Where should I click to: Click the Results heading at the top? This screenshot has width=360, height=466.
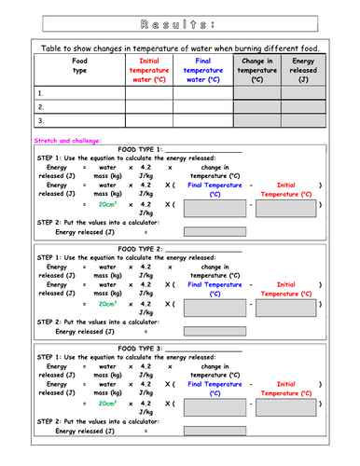(179, 20)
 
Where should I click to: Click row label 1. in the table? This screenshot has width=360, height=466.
(41, 93)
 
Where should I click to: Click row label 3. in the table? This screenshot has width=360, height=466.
(41, 119)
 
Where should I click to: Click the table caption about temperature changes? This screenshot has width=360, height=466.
(180, 49)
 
